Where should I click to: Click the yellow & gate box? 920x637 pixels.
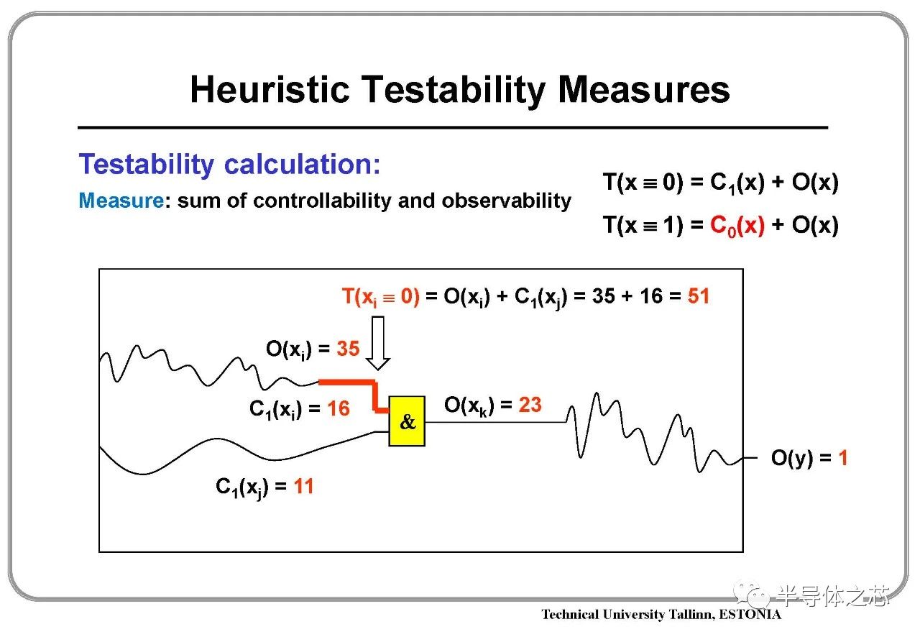point(407,421)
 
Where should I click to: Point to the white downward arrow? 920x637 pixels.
point(378,343)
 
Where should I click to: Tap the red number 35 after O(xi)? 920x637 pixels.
point(349,349)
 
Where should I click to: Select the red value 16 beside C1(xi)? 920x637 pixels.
point(339,408)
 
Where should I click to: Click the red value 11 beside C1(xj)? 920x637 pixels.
point(303,486)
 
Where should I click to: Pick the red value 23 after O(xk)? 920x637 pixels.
point(530,405)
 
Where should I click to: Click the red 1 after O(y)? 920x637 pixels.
point(843,458)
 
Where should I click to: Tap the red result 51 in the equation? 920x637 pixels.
point(699,296)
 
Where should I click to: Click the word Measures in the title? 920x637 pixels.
point(644,89)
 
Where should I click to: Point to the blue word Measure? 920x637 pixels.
point(121,201)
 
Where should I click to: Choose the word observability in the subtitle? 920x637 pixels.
point(507,201)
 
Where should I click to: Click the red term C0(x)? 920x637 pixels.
point(737,226)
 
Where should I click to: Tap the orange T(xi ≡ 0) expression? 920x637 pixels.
point(381,297)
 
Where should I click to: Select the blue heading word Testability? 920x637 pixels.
point(146,165)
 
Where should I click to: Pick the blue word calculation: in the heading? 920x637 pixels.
point(303,164)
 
